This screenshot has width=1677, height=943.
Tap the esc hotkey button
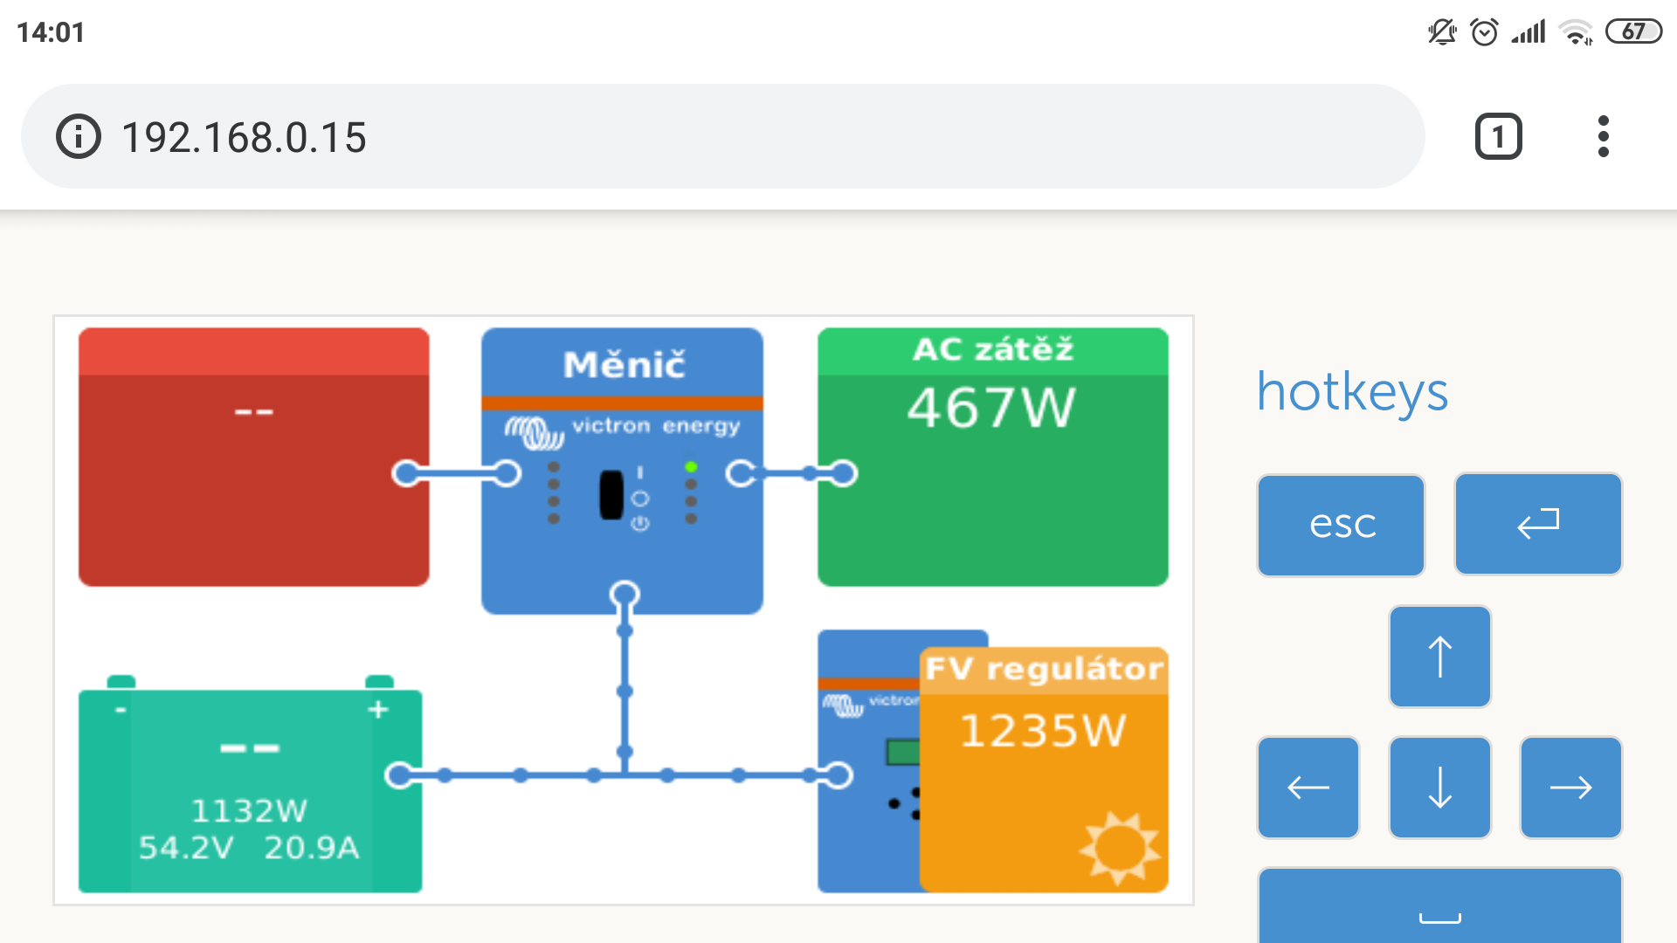[1341, 525]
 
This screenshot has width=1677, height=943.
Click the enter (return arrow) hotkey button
[1538, 524]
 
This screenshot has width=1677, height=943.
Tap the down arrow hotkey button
[1439, 787]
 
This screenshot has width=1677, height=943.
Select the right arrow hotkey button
[1570, 787]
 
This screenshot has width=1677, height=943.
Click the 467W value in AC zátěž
[991, 408]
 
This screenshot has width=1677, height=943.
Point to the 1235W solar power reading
[1043, 731]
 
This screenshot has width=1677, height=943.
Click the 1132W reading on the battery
[249, 811]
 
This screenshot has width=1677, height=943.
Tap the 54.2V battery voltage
[186, 848]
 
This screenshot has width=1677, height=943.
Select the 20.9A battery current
[311, 848]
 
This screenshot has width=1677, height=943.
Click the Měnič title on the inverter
[624, 364]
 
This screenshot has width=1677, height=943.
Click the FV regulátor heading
[1045, 669]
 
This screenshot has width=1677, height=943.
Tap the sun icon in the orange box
[1120, 848]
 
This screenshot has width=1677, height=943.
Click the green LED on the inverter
[691, 467]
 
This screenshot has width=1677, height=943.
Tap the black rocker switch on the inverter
[611, 495]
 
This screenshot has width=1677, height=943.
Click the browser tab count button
[1499, 137]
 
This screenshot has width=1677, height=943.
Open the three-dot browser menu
[1603, 136]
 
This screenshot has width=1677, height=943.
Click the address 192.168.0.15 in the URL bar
[244, 138]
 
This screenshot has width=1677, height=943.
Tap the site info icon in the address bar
[79, 137]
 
